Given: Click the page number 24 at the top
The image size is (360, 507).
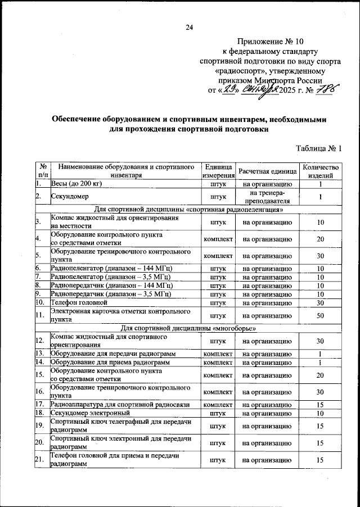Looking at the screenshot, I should point(190,28).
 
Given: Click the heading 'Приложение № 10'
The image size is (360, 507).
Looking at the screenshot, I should point(270,42).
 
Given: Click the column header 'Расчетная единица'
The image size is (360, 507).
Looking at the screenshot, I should point(267,171).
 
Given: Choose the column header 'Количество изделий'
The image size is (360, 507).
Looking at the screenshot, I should point(321,171).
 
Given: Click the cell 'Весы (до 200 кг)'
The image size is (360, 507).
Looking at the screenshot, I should point(76,183).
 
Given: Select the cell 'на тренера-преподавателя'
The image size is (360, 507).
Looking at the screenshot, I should point(267,197).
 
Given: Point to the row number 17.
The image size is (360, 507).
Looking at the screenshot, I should point(39,404).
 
